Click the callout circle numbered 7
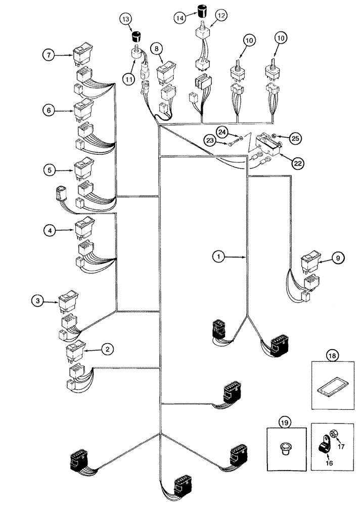tap(49, 55)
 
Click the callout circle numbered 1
tap(218, 257)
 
